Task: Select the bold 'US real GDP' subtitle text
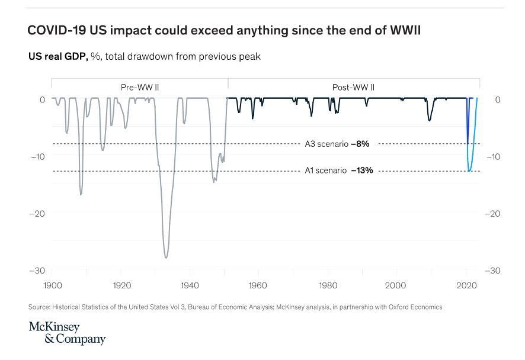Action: [59, 57]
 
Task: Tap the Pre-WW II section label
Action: [140, 88]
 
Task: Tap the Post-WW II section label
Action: [353, 88]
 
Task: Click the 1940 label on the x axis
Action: [190, 285]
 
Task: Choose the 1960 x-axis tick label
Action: [258, 285]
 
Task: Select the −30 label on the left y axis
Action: [37, 271]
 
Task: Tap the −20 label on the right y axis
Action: [494, 214]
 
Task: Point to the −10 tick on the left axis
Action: [37, 156]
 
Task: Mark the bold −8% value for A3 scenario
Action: [360, 144]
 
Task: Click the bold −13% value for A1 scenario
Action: [361, 171]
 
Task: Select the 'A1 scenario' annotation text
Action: [326, 171]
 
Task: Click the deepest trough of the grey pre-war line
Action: [166, 258]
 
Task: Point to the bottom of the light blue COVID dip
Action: [469, 171]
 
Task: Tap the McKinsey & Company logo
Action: [66, 333]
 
